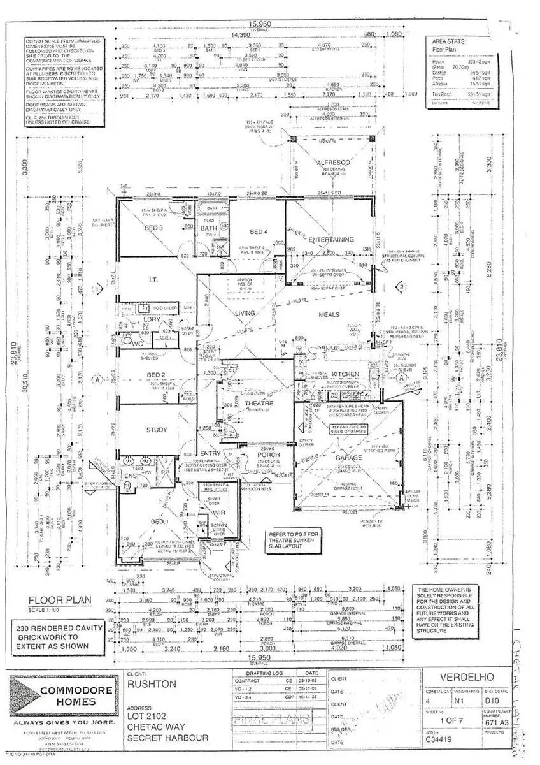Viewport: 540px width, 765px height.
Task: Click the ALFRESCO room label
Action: (334, 164)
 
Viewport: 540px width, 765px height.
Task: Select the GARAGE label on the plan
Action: (348, 458)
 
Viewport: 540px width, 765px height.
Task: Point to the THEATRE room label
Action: (259, 404)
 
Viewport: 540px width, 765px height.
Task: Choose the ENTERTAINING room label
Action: (330, 239)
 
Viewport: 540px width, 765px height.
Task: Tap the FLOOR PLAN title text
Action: (60, 600)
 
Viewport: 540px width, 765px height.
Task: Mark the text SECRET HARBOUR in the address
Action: (168, 738)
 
